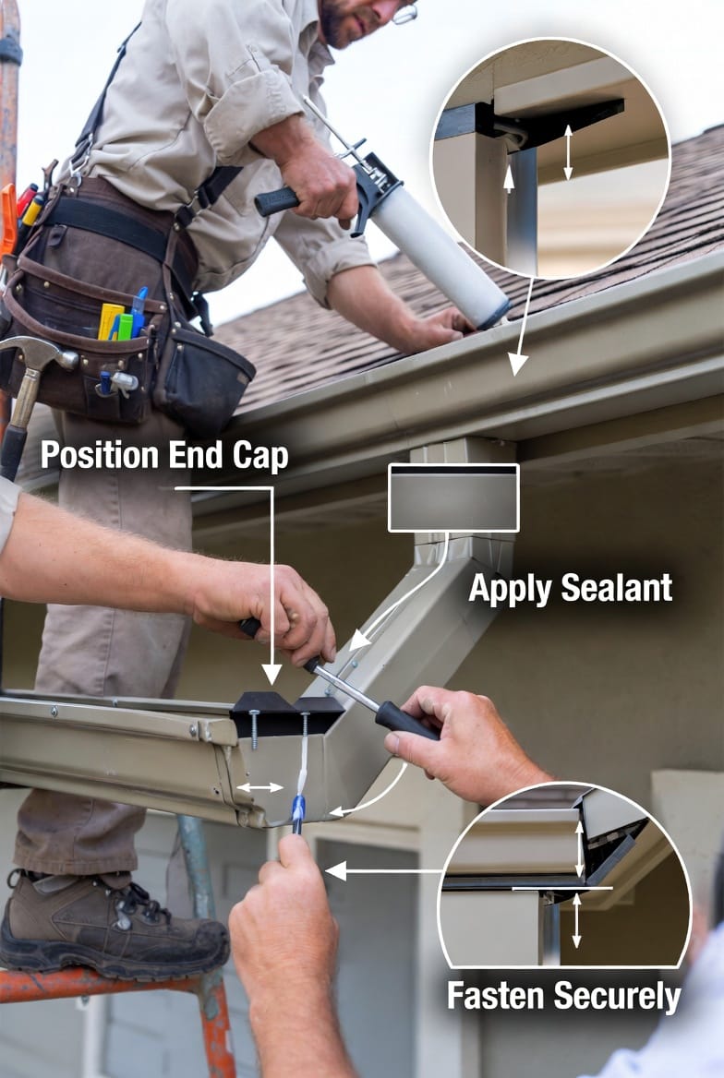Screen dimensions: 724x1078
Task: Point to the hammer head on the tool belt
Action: pyautogui.click(x=38, y=352)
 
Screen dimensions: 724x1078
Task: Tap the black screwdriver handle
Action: pyautogui.click(x=405, y=721)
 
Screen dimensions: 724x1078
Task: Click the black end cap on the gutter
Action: pyautogui.click(x=285, y=713)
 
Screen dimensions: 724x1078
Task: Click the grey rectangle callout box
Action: pyautogui.click(x=453, y=497)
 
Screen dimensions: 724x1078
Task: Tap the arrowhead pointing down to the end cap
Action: pyautogui.click(x=272, y=674)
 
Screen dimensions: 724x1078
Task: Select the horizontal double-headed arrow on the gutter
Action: pyautogui.click(x=259, y=787)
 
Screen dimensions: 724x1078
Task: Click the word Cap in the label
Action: pyautogui.click(x=260, y=458)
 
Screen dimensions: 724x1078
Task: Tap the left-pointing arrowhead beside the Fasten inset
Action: pyautogui.click(x=336, y=871)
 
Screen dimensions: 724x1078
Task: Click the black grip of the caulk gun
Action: pyautogui.click(x=277, y=201)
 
